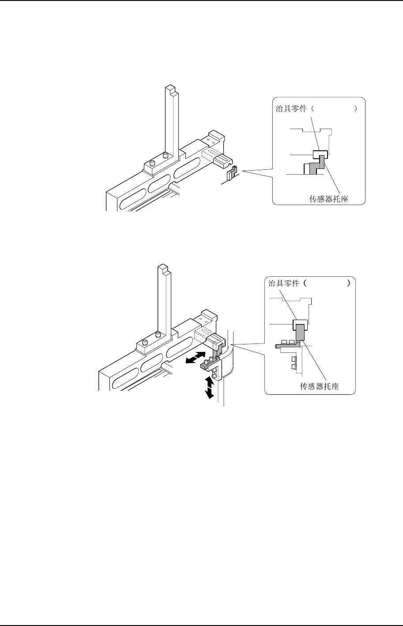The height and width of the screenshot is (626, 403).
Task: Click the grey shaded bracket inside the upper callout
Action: tap(316, 165)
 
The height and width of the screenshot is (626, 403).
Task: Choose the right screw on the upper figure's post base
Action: tap(166, 155)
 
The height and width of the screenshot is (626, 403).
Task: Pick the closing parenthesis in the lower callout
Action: tap(349, 283)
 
